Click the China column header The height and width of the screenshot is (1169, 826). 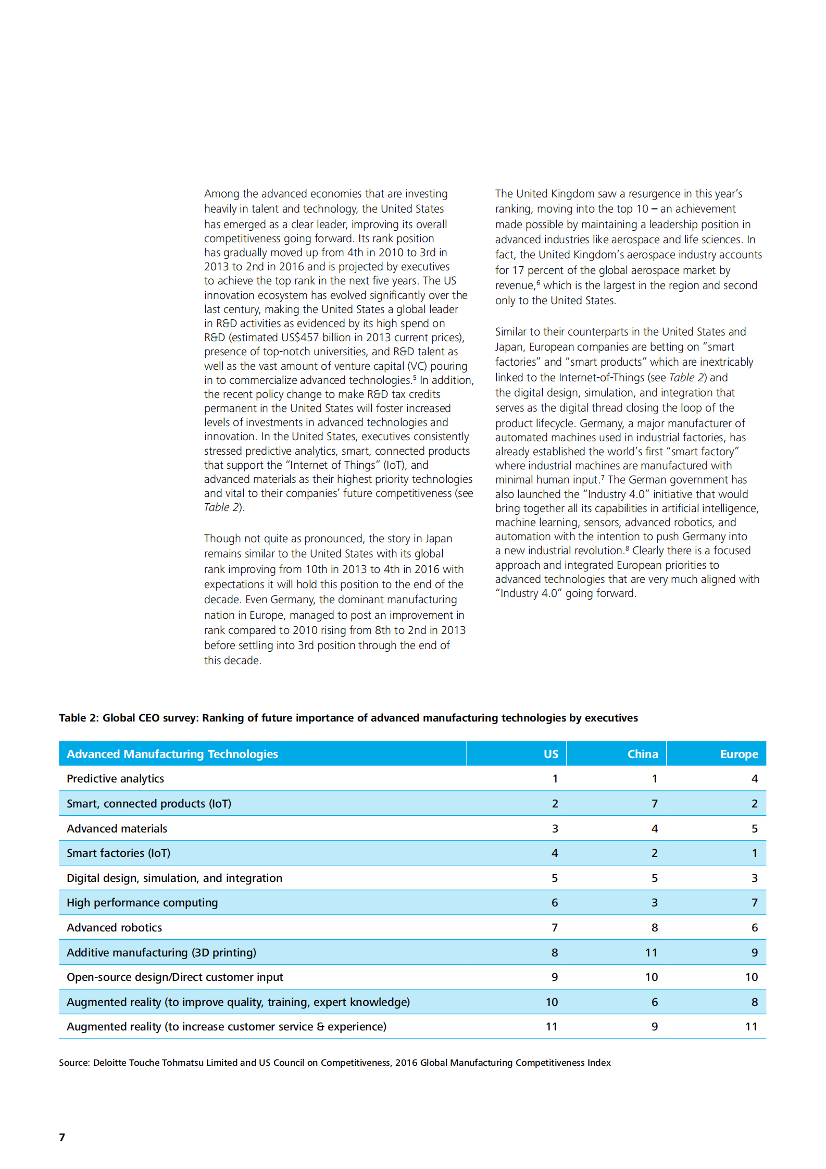[x=642, y=754]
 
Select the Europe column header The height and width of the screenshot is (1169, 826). [x=739, y=754]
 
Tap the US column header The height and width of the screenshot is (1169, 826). [x=550, y=754]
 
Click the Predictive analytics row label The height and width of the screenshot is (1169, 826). [x=115, y=778]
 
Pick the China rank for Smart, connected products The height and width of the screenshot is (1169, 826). [x=654, y=803]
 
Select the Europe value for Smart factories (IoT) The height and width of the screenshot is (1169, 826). [x=754, y=853]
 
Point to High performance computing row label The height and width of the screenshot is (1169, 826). [x=142, y=902]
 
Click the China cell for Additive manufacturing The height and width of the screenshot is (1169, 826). [x=651, y=952]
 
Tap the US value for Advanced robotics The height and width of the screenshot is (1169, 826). [x=555, y=927]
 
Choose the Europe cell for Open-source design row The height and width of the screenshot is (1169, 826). [x=751, y=977]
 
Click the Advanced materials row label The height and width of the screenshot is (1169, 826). [x=117, y=828]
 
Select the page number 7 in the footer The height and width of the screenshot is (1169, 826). [x=62, y=1137]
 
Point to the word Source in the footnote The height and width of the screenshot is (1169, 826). [x=74, y=1063]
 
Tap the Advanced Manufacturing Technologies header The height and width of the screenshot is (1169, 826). [x=172, y=754]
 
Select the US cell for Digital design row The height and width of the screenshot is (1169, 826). [x=555, y=878]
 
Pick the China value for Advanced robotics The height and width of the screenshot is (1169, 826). [x=654, y=927]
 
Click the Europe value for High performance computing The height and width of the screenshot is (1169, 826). [x=754, y=902]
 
